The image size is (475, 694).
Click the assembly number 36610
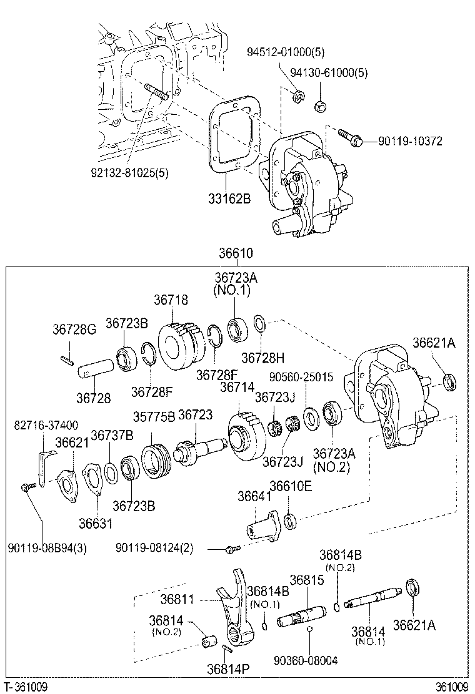[x=236, y=253]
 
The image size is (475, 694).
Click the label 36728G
[x=74, y=329]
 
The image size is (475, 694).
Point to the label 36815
[x=306, y=580]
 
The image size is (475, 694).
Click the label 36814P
[x=228, y=668]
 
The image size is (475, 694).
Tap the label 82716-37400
[x=46, y=426]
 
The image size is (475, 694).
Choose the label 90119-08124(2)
[x=154, y=548]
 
